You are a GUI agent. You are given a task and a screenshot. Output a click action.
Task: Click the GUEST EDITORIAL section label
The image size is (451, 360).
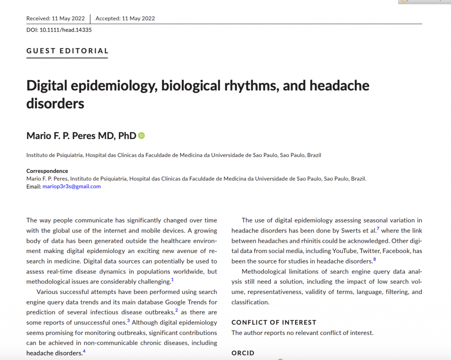[67, 51]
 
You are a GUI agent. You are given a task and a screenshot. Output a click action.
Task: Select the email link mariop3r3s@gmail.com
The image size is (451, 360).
[71, 186]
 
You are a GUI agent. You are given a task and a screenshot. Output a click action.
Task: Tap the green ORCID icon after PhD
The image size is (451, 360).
[141, 136]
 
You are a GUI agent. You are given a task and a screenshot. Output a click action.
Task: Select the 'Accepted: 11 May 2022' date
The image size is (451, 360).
[125, 18]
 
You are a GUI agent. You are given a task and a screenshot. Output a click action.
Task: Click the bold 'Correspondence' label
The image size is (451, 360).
[47, 171]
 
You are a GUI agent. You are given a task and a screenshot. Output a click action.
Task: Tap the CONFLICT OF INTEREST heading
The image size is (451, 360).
[274, 322]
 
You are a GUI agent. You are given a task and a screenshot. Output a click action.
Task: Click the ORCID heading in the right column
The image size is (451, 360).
[243, 353]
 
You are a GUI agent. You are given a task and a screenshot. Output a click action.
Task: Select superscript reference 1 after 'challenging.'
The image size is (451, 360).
[173, 279]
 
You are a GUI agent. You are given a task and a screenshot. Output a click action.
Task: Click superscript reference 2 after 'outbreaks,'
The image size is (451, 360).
[176, 310]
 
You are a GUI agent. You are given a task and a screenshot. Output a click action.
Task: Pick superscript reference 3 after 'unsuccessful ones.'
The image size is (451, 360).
[129, 321]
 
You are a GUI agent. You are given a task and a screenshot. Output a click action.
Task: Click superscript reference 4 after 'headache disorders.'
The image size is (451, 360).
[84, 351]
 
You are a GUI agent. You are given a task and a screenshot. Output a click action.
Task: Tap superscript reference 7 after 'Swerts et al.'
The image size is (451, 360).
[378, 228]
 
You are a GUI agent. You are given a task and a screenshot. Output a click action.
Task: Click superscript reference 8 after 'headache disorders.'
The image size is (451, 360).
[374, 259]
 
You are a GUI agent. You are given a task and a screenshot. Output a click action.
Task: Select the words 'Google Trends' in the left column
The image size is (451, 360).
[185, 302]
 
